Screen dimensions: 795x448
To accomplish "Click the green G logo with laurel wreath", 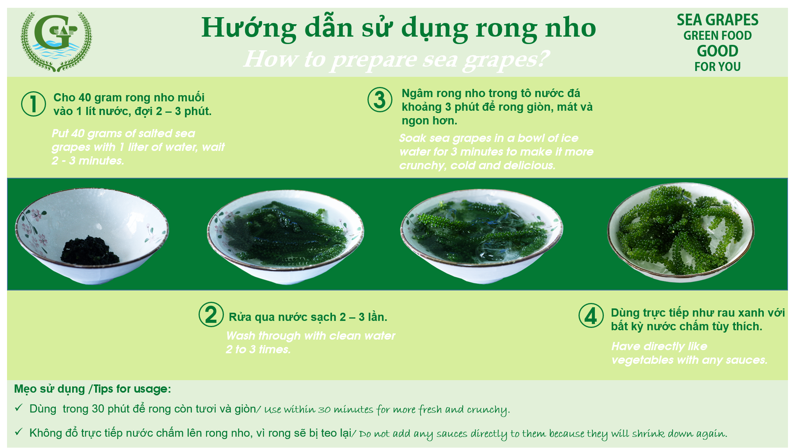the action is [x=56, y=41].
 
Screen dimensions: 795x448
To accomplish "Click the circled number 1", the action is [x=34, y=104].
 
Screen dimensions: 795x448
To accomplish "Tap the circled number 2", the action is [x=211, y=314].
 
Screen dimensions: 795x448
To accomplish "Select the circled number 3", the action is [x=380, y=99].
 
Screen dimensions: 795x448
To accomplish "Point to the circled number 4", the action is [x=591, y=315].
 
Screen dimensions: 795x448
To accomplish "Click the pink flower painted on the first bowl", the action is [x=36, y=214].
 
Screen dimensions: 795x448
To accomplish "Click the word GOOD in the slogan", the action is [x=717, y=51].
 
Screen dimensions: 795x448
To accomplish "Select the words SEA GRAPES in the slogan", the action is [x=717, y=20].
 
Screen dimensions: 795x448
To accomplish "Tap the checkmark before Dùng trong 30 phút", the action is [x=19, y=408].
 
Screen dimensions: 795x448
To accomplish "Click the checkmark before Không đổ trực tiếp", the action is [x=19, y=432].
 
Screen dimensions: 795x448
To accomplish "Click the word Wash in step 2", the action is [x=241, y=336].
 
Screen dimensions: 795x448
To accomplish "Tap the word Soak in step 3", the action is [x=413, y=138].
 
